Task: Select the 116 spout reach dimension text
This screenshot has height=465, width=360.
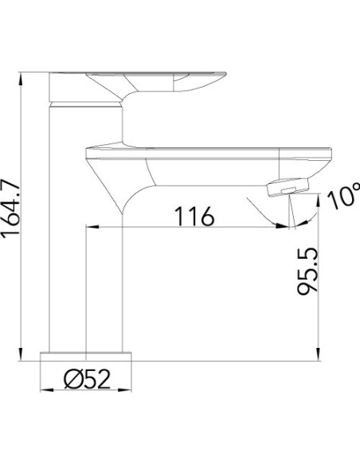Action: click(194, 217)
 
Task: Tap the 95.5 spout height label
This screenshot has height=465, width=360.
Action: click(307, 272)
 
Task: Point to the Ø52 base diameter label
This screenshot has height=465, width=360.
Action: click(88, 379)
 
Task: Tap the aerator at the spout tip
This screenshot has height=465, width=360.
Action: click(288, 187)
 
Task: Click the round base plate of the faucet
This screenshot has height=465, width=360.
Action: click(86, 357)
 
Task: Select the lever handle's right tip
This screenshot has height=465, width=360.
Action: click(225, 73)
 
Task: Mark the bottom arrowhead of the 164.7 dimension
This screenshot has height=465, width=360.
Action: click(21, 354)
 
